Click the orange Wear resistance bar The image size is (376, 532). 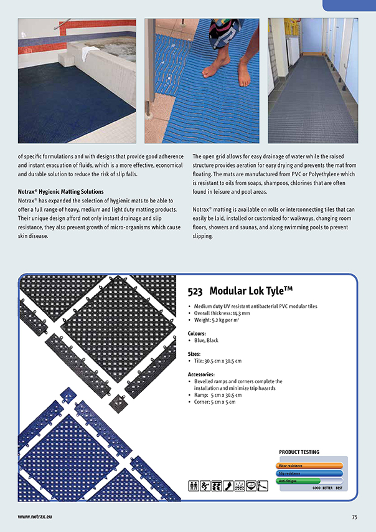point(309,465)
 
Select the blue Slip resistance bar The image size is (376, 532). point(309,473)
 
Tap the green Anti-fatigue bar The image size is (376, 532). point(298,481)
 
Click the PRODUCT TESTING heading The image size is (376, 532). point(299,452)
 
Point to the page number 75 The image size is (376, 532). point(354,516)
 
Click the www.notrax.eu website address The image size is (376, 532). point(34,516)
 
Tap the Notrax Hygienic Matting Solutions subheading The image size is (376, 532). point(60,191)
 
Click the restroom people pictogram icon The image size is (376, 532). point(193,486)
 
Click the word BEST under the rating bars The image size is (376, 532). point(339,488)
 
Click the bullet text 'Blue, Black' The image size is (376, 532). point(206,341)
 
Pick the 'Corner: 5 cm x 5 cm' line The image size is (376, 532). point(215,402)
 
